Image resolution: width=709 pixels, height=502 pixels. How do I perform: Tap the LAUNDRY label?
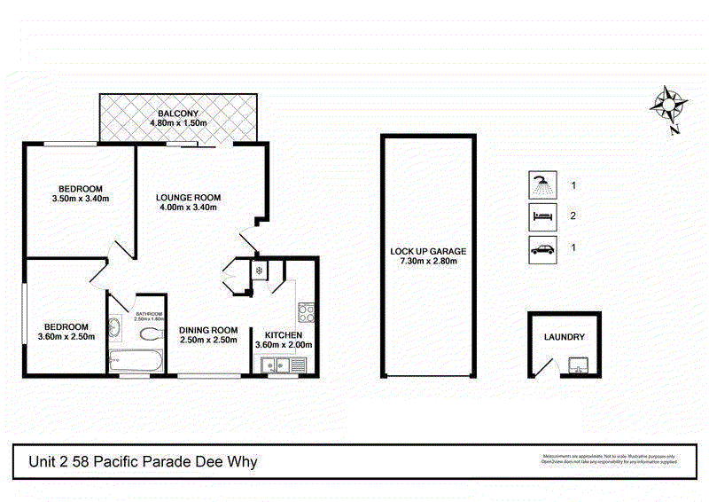tap(565, 337)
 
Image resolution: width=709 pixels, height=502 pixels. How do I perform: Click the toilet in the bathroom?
tap(152, 333)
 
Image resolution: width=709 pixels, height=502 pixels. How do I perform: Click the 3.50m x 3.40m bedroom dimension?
tap(81, 199)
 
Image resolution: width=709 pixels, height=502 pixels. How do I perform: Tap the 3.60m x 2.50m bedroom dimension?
tap(66, 336)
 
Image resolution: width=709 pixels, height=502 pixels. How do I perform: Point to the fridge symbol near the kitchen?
tap(259, 270)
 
